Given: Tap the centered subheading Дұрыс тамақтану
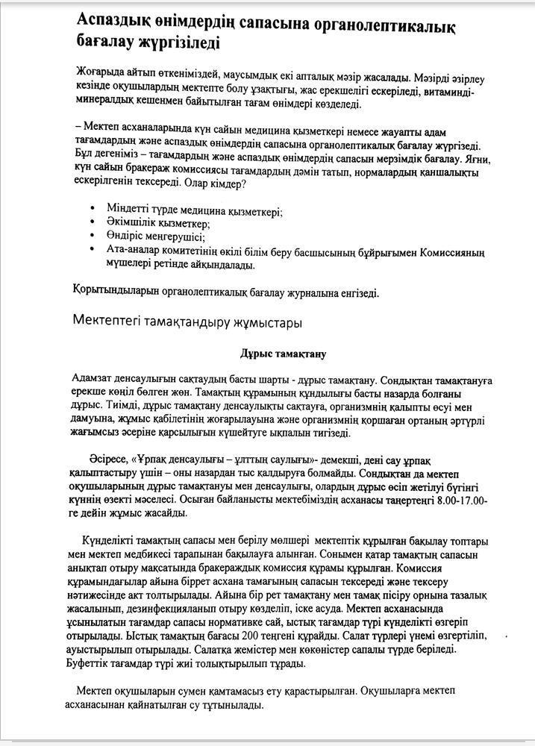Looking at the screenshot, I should pyautogui.click(x=283, y=353).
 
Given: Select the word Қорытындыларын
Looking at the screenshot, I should pyautogui.click(x=115, y=292).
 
